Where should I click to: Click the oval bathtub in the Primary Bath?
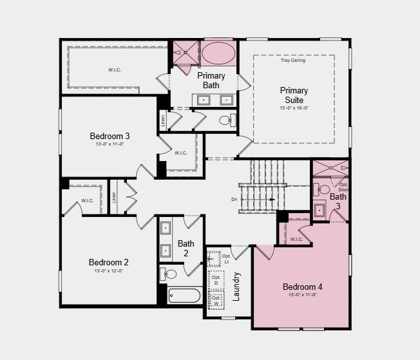click(219, 52)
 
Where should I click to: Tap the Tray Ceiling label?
click(293, 61)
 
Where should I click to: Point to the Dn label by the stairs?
click(234, 200)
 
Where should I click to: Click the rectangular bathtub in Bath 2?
click(185, 296)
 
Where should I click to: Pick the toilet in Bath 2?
click(168, 274)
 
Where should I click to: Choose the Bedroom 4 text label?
click(302, 287)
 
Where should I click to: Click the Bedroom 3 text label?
click(110, 136)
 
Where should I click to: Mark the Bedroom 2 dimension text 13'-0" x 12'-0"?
click(109, 271)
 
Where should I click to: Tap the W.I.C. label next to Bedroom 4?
click(296, 240)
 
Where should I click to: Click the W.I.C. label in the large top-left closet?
click(114, 69)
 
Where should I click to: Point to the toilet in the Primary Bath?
click(225, 120)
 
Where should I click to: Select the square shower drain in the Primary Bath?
click(186, 52)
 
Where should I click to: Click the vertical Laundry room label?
click(236, 287)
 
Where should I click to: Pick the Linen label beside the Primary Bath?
click(162, 120)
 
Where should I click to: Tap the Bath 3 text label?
click(338, 201)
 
